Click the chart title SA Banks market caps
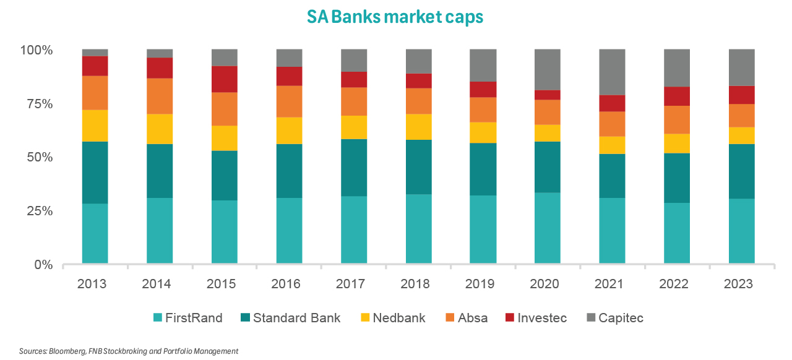click(x=395, y=17)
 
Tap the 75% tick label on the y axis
click(x=39, y=103)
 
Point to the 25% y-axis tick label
click(x=39, y=211)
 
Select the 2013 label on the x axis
click(x=92, y=284)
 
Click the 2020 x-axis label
click(x=544, y=284)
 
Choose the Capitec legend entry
click(x=621, y=318)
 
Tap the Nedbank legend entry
click(x=398, y=318)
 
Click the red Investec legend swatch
click(x=510, y=318)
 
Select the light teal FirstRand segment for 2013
click(x=95, y=234)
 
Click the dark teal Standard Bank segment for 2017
click(x=354, y=168)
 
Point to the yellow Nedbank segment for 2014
click(x=160, y=129)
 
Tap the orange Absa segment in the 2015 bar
click(x=225, y=109)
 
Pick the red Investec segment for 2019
click(x=483, y=89)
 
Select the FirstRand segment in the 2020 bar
click(x=548, y=228)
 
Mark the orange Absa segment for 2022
click(x=677, y=119)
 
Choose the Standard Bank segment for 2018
click(x=418, y=167)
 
